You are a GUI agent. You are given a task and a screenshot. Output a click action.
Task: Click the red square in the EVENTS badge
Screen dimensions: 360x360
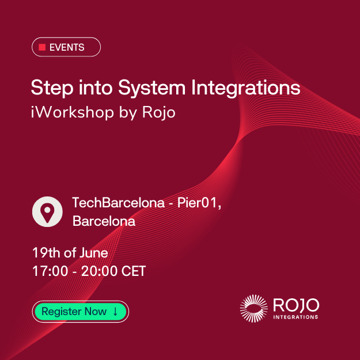click(x=42, y=47)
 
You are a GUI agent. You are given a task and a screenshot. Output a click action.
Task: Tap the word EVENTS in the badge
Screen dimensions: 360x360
click(x=67, y=47)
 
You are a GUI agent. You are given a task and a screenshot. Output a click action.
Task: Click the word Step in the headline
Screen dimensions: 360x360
click(x=52, y=88)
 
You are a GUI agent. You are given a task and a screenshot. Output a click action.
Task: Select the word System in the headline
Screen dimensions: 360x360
click(x=151, y=88)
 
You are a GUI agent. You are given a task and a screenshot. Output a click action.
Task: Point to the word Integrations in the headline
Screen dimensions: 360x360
click(x=246, y=88)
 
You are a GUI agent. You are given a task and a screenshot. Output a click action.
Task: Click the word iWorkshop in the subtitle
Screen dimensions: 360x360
click(x=73, y=112)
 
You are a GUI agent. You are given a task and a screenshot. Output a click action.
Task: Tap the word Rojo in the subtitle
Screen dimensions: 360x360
click(x=158, y=112)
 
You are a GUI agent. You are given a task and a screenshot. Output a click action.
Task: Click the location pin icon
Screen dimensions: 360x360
click(x=47, y=212)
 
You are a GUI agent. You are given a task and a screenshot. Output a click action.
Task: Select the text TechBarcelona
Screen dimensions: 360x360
click(x=119, y=203)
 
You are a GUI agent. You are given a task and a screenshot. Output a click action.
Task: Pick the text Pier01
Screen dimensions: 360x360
click(x=197, y=203)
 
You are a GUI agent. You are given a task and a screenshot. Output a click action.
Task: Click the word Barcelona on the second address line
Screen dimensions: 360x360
click(x=104, y=221)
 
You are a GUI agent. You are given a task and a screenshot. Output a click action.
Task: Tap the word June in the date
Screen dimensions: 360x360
click(x=94, y=253)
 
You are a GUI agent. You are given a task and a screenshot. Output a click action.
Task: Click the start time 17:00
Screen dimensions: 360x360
click(x=50, y=271)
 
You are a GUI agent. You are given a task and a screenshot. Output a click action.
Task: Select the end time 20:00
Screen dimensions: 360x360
click(x=99, y=271)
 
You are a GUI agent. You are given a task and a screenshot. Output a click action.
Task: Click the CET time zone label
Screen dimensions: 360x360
click(x=134, y=271)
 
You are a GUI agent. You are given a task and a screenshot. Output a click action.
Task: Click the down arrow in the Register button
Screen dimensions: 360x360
click(x=115, y=312)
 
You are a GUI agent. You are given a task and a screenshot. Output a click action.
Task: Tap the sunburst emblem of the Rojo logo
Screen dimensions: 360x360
click(x=253, y=309)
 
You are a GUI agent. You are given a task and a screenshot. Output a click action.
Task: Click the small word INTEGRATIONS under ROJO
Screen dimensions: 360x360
click(x=295, y=317)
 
